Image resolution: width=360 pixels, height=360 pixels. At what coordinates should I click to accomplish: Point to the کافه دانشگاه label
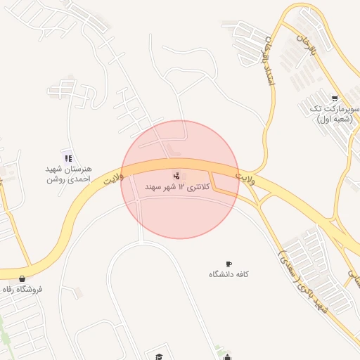point(229,274)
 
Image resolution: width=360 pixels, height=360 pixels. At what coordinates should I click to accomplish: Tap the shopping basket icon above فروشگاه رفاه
point(23,279)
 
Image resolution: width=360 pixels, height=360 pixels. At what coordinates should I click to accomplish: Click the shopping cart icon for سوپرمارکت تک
point(335,99)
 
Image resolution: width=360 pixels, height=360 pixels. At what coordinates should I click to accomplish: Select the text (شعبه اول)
point(334,119)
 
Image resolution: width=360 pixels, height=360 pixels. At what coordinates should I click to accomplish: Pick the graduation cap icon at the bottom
point(159,356)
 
